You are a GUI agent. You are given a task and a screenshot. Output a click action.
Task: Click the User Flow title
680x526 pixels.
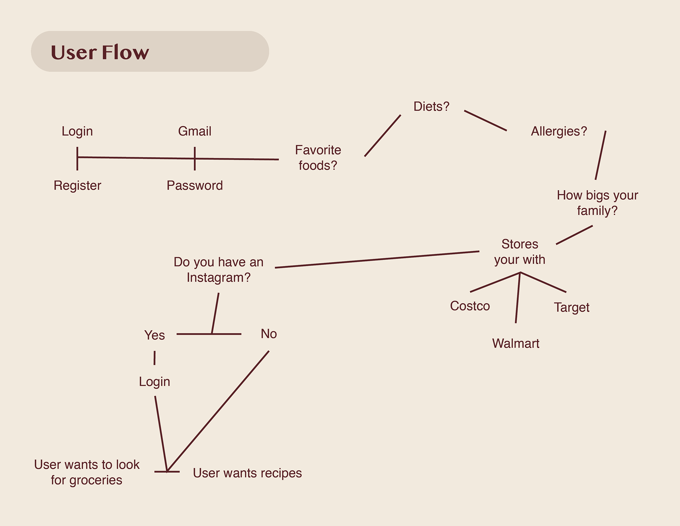(100, 52)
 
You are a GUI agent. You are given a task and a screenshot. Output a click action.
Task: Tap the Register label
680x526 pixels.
(77, 185)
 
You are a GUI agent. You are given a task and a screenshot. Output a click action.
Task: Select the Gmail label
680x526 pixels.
(194, 131)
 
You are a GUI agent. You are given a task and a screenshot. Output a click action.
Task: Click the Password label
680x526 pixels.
(194, 185)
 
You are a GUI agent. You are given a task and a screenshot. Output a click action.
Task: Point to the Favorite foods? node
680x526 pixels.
(318, 157)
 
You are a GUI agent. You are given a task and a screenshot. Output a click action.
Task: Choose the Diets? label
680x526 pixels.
(431, 106)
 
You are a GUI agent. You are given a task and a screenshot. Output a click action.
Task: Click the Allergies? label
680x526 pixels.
(559, 131)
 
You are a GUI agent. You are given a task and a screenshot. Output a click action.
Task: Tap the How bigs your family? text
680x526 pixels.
(597, 203)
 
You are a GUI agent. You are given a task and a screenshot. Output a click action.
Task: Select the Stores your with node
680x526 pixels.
(520, 252)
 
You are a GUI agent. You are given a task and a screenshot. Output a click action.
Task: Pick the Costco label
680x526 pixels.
(470, 306)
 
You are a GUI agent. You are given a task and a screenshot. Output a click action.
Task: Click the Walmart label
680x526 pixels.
(516, 343)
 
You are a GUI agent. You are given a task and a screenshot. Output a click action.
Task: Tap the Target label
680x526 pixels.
(571, 307)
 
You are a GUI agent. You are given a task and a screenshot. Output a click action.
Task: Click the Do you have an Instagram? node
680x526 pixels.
(219, 269)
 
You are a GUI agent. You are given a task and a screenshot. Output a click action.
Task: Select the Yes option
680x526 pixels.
(154, 335)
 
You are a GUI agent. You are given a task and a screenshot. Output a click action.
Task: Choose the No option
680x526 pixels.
(268, 334)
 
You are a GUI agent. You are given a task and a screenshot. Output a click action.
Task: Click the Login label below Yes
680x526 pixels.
(154, 382)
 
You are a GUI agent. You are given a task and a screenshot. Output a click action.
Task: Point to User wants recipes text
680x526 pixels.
(247, 473)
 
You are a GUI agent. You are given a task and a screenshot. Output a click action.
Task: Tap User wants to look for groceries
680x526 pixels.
(86, 472)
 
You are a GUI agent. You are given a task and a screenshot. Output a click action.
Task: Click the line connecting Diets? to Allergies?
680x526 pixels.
(485, 121)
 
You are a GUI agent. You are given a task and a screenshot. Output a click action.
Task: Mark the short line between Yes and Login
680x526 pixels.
(154, 358)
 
